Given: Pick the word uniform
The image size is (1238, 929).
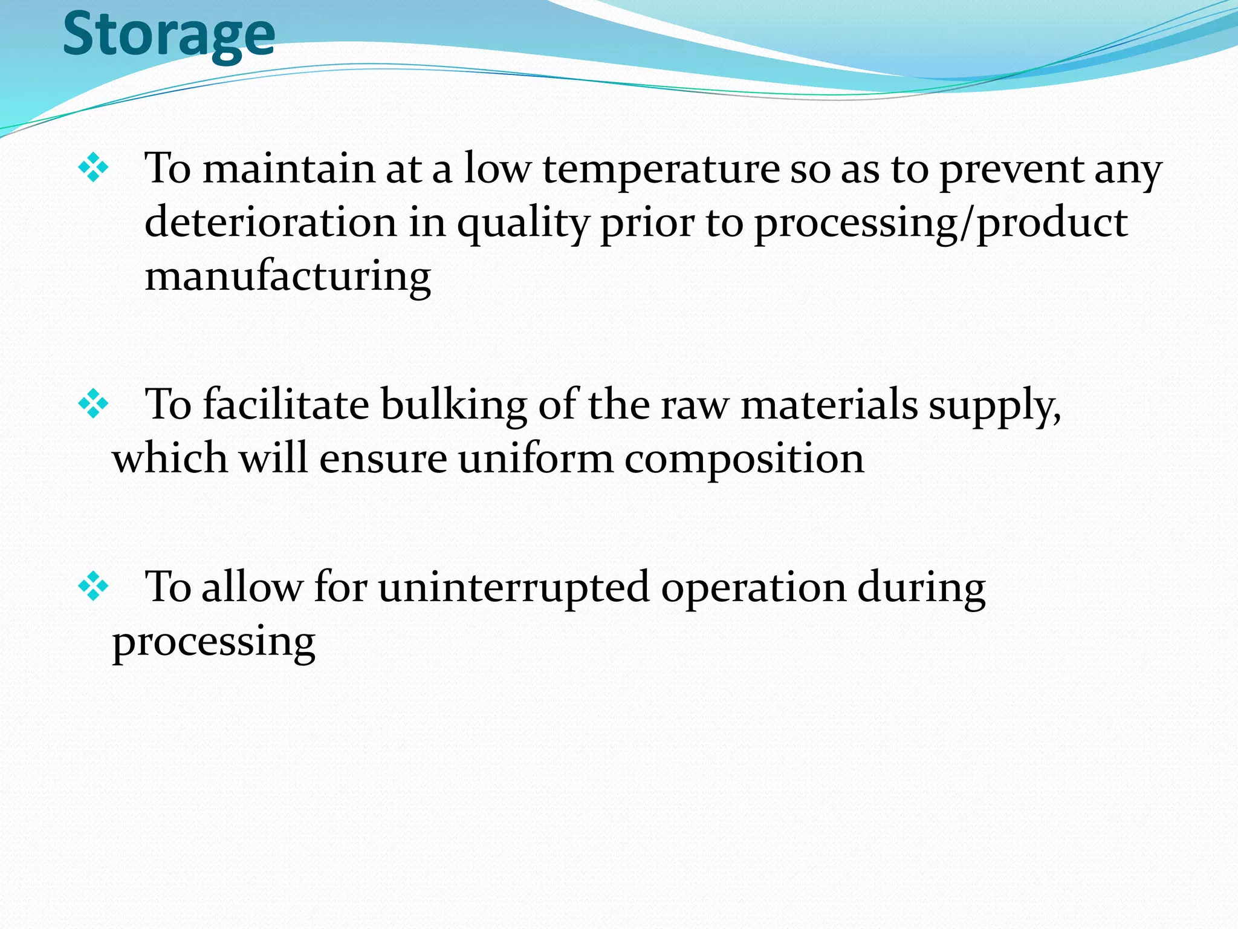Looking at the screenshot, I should [x=536, y=458].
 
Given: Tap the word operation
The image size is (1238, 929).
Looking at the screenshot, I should [x=754, y=588].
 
